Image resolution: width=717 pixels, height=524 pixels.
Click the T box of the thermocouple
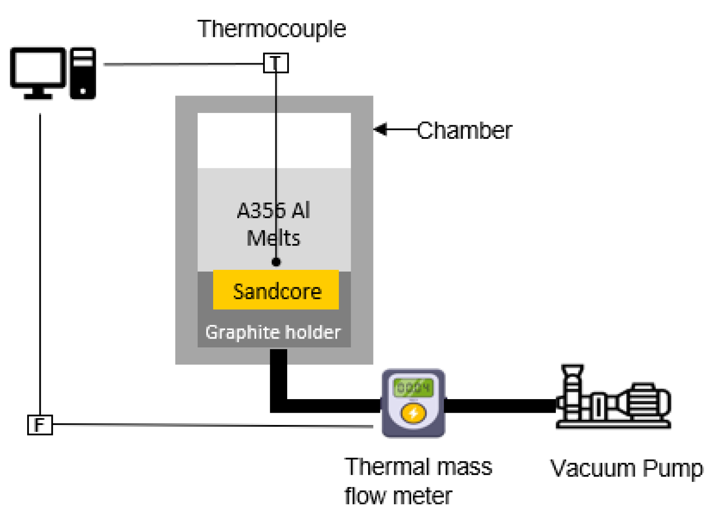coord(276,63)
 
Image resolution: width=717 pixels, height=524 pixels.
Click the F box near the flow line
coord(40,425)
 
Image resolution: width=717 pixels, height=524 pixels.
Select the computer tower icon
coord(83,73)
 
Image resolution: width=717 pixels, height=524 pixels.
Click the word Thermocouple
coord(271,29)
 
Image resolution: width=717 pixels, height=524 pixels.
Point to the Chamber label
coord(464,131)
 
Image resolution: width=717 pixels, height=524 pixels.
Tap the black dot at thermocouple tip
coord(276,262)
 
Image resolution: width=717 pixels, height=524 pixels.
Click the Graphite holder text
coord(273,332)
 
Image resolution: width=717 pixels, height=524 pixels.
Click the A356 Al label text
coord(273,210)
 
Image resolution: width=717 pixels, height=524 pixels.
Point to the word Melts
coord(273,238)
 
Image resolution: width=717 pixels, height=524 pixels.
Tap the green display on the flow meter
coord(413,387)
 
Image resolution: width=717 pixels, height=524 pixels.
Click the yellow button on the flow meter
coord(413,413)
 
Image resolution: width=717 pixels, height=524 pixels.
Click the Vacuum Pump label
coord(626,468)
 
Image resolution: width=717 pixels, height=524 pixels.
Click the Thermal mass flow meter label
coord(418,481)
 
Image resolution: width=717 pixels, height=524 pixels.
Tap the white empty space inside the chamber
coord(236,140)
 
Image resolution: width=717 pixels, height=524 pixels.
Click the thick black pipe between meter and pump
coord(499,406)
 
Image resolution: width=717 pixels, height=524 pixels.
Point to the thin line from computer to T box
coord(184,64)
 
